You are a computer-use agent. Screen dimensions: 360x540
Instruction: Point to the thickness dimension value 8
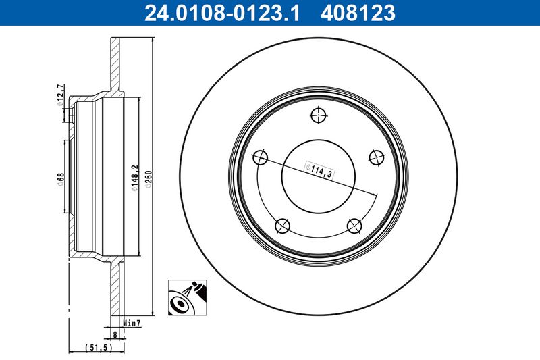(115, 334)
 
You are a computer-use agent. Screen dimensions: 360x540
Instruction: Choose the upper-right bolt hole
(376, 157)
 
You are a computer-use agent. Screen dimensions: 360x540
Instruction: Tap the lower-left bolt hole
(283, 226)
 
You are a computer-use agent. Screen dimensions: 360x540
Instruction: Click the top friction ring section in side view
(115, 64)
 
